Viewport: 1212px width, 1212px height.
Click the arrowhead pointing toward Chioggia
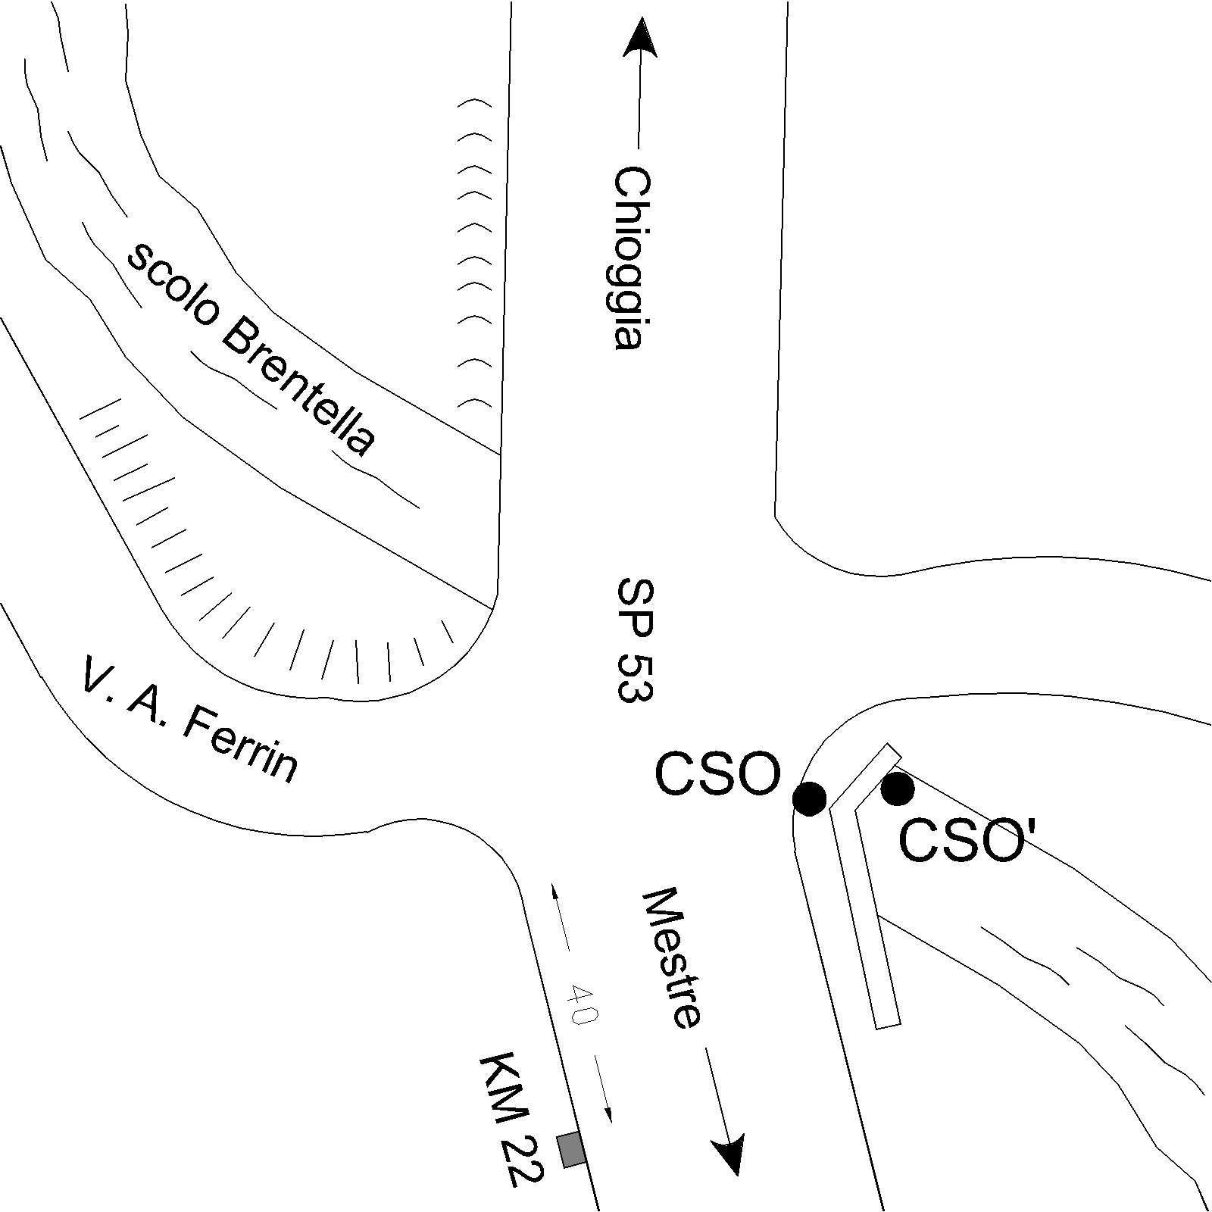click(x=640, y=38)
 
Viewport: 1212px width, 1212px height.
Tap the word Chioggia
click(x=630, y=258)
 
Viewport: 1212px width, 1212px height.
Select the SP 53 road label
click(x=634, y=641)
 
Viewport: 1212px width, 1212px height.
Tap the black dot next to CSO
click(x=808, y=798)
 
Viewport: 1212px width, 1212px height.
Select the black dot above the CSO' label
click(x=898, y=789)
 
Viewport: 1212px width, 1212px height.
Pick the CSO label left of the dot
click(x=717, y=774)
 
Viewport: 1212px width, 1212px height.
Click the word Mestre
click(x=671, y=959)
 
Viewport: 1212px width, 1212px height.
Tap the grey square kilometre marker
click(x=571, y=1150)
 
